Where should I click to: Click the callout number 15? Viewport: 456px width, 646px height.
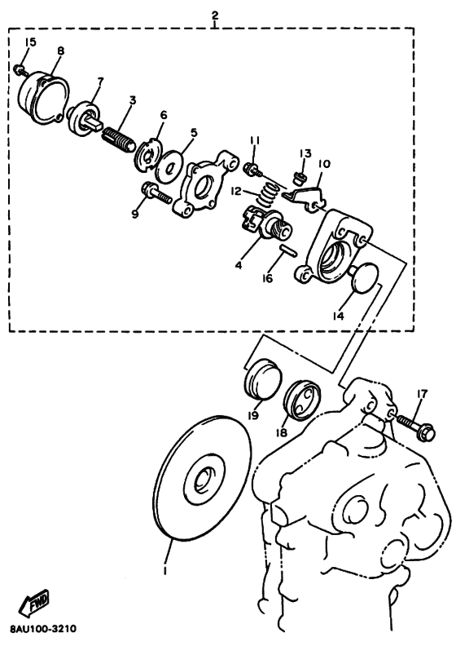(30, 42)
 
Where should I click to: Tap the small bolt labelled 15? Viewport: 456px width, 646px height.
(20, 70)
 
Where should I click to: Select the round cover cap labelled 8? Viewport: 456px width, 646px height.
(44, 98)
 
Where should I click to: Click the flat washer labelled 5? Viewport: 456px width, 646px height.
(169, 166)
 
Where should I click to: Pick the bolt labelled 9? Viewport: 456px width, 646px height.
(156, 193)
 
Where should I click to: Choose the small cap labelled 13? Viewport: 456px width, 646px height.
(299, 179)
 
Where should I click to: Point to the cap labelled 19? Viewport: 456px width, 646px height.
(262, 379)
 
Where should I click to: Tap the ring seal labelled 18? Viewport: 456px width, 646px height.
(302, 400)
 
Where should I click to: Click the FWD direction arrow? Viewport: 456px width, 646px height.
(33, 603)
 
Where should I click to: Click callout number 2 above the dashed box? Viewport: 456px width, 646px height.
(215, 15)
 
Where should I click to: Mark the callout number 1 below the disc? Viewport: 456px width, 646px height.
(165, 571)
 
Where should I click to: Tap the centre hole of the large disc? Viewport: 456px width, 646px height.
(202, 480)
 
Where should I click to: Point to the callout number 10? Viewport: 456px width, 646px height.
(324, 164)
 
